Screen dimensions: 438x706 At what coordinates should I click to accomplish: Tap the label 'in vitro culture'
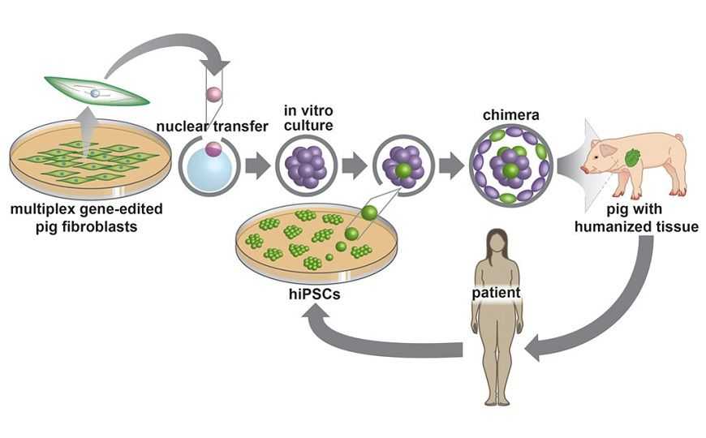pyautogui.click(x=304, y=118)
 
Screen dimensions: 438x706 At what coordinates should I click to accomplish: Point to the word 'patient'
pyautogui.click(x=496, y=292)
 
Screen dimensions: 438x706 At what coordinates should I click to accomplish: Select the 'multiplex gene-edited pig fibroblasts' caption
pyautogui.click(x=86, y=217)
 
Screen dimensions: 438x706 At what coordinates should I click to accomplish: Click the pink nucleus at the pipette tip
pyautogui.click(x=214, y=96)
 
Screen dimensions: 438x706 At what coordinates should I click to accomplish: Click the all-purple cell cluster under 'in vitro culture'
pyautogui.click(x=305, y=165)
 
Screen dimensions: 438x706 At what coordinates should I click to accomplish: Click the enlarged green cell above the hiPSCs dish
pyautogui.click(x=369, y=213)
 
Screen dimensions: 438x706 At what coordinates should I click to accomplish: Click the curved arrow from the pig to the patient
pyautogui.click(x=617, y=316)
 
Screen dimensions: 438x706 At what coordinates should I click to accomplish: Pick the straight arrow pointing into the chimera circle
pyautogui.click(x=450, y=165)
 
